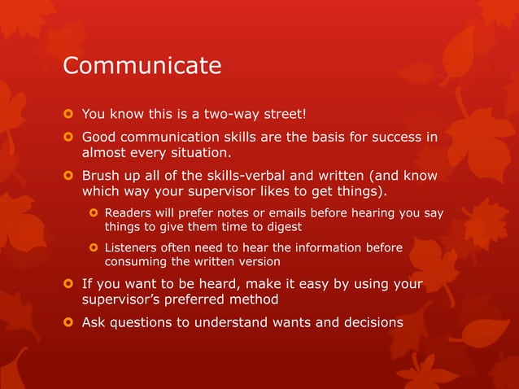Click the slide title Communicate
(142, 66)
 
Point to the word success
(395, 137)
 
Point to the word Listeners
(134, 247)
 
